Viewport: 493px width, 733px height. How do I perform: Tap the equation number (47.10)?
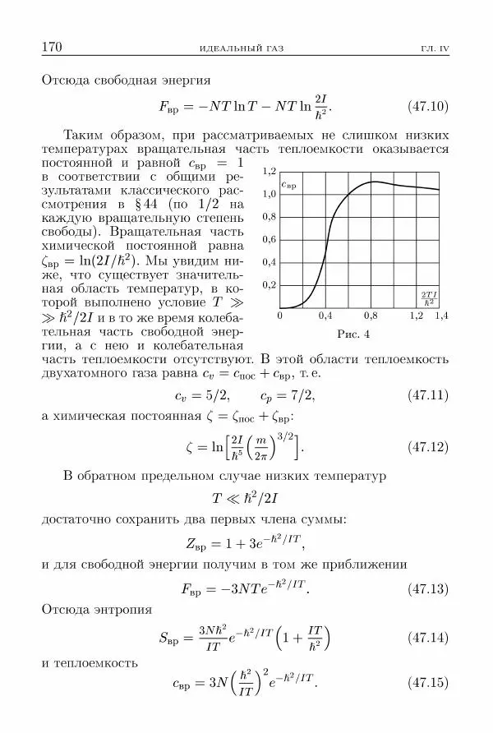point(428,106)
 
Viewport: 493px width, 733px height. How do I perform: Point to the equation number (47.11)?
point(428,395)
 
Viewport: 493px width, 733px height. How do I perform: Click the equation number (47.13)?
point(428,589)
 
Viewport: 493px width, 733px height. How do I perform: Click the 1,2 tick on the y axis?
point(270,173)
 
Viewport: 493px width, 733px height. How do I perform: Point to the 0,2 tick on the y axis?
point(270,285)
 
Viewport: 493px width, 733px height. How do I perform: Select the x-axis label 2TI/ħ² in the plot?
point(428,297)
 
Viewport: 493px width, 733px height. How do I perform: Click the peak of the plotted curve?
point(374,182)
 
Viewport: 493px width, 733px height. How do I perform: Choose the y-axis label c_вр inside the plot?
point(289,186)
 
